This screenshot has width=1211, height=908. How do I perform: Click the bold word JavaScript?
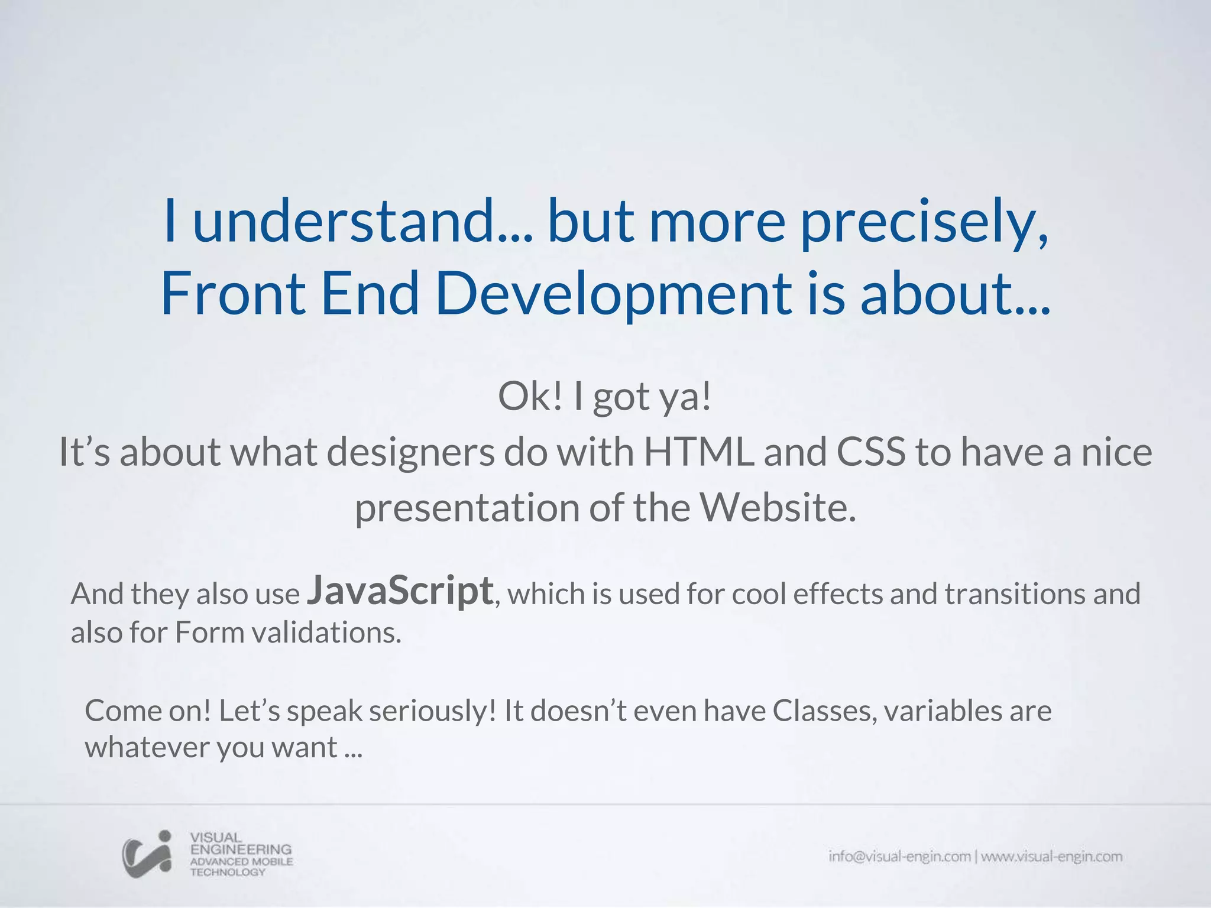pos(400,591)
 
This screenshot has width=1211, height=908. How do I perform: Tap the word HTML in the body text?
pos(698,452)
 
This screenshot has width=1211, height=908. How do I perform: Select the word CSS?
pos(870,452)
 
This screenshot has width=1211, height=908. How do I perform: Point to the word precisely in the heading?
pos(924,222)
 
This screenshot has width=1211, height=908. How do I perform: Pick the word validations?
pos(327,633)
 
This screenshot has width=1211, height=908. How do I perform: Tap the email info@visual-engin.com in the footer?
pos(899,857)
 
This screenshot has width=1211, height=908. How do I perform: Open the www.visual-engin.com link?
pos(1051,857)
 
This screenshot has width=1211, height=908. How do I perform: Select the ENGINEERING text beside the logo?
pos(241,849)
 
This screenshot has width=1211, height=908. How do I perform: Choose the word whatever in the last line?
pos(147,747)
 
